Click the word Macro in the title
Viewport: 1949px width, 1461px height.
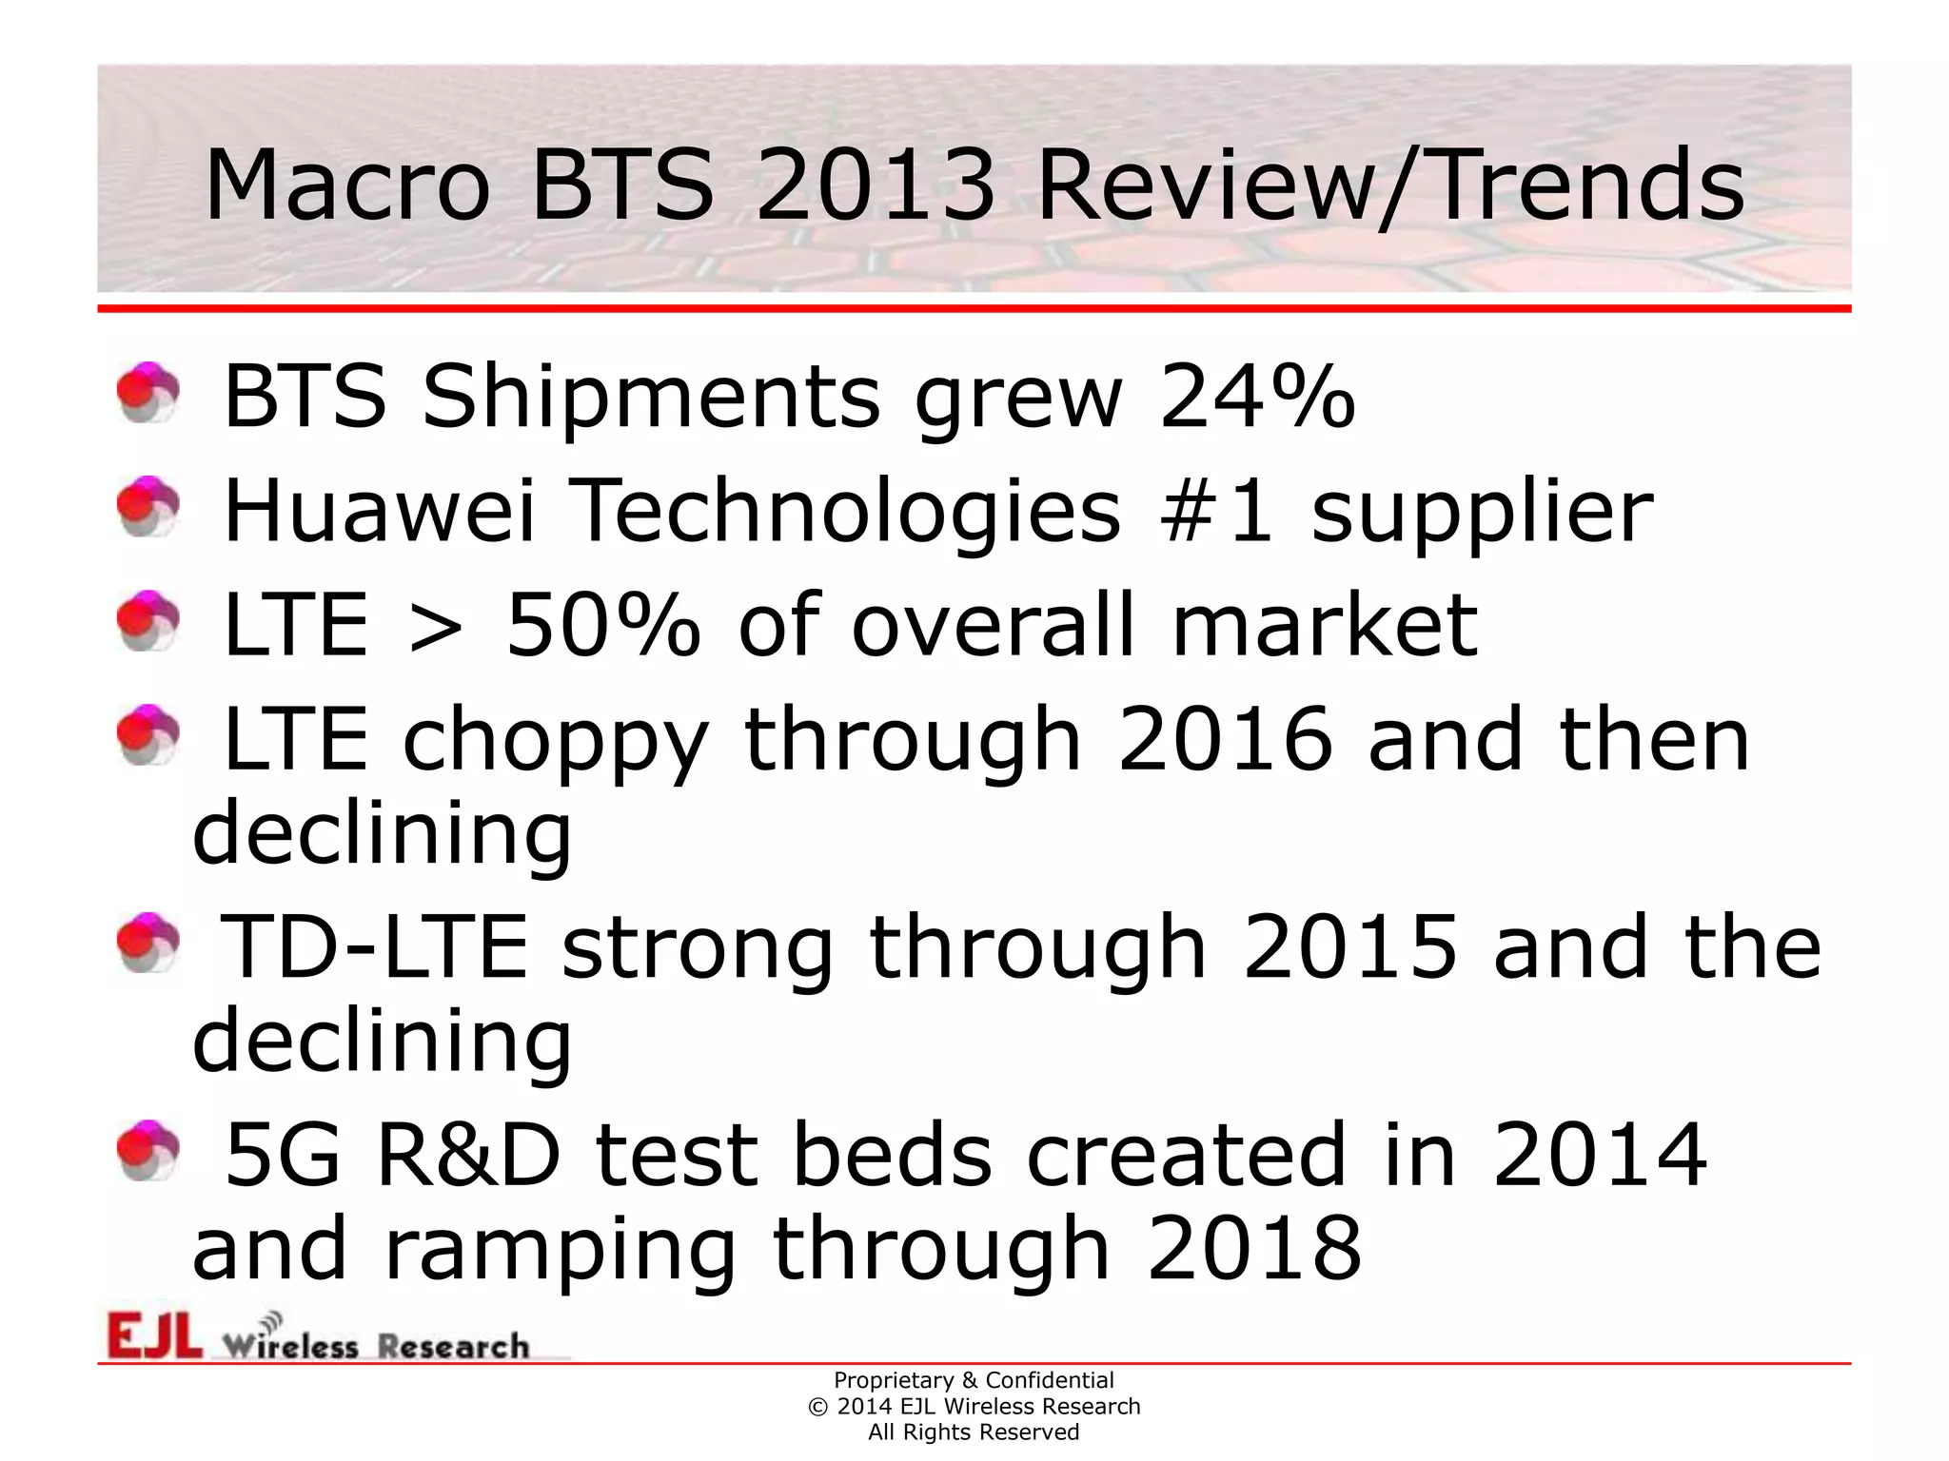(346, 185)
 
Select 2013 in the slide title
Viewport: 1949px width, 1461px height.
(875, 185)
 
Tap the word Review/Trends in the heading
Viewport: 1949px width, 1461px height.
(1390, 185)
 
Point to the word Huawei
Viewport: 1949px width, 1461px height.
(379, 511)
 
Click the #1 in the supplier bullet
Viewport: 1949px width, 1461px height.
(1215, 511)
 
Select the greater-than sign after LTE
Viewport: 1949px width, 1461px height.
(436, 627)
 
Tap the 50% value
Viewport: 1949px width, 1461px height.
(602, 625)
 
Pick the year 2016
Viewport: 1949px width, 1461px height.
(1225, 739)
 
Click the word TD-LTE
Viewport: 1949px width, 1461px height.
(374, 946)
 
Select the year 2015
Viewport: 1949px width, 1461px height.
(1349, 946)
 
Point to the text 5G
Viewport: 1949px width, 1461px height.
(283, 1155)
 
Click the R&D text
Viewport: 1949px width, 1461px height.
(467, 1155)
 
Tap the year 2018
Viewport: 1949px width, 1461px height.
(1253, 1248)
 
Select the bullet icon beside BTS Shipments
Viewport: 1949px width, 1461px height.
(148, 392)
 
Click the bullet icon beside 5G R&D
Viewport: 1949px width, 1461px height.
(148, 1151)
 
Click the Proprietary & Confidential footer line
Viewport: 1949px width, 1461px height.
(973, 1380)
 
